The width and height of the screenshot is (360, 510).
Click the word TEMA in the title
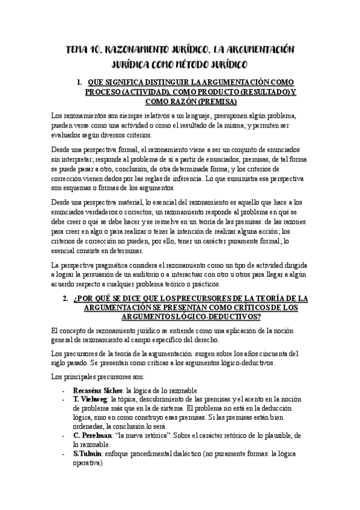pos(79,50)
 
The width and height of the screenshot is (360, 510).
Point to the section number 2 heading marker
pos(66,298)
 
